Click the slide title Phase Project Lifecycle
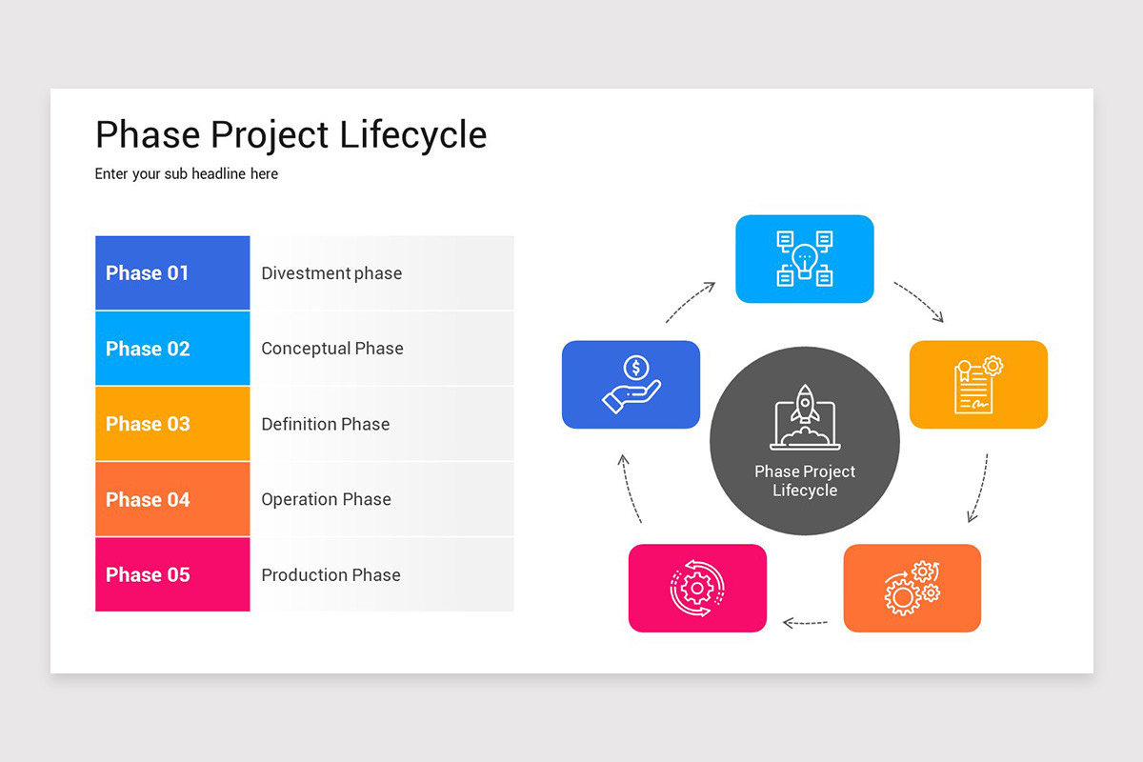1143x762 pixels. pyautogui.click(x=291, y=135)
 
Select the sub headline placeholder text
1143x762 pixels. pyautogui.click(x=187, y=174)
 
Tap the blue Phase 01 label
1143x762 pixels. pyautogui.click(x=148, y=273)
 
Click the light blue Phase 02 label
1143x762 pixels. pyautogui.click(x=148, y=349)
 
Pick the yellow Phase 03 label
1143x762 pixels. pyautogui.click(x=148, y=424)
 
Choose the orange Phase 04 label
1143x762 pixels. pyautogui.click(x=148, y=499)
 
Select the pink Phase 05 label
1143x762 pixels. pyautogui.click(x=148, y=574)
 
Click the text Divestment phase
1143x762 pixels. pyautogui.click(x=331, y=273)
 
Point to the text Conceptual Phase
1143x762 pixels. pyautogui.click(x=332, y=349)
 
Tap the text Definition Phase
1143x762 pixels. pyautogui.click(x=326, y=424)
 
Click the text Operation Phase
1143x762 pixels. pyautogui.click(x=327, y=499)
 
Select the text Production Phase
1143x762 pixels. pyautogui.click(x=331, y=574)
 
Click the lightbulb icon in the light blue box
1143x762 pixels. pyautogui.click(x=805, y=258)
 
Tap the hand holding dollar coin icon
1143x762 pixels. pyautogui.click(x=631, y=384)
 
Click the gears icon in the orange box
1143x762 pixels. pyautogui.click(x=912, y=588)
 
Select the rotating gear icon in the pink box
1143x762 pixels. pyautogui.click(x=697, y=588)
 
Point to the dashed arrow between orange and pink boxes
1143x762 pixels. pyautogui.click(x=805, y=623)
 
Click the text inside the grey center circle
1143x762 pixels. pyautogui.click(x=805, y=481)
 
